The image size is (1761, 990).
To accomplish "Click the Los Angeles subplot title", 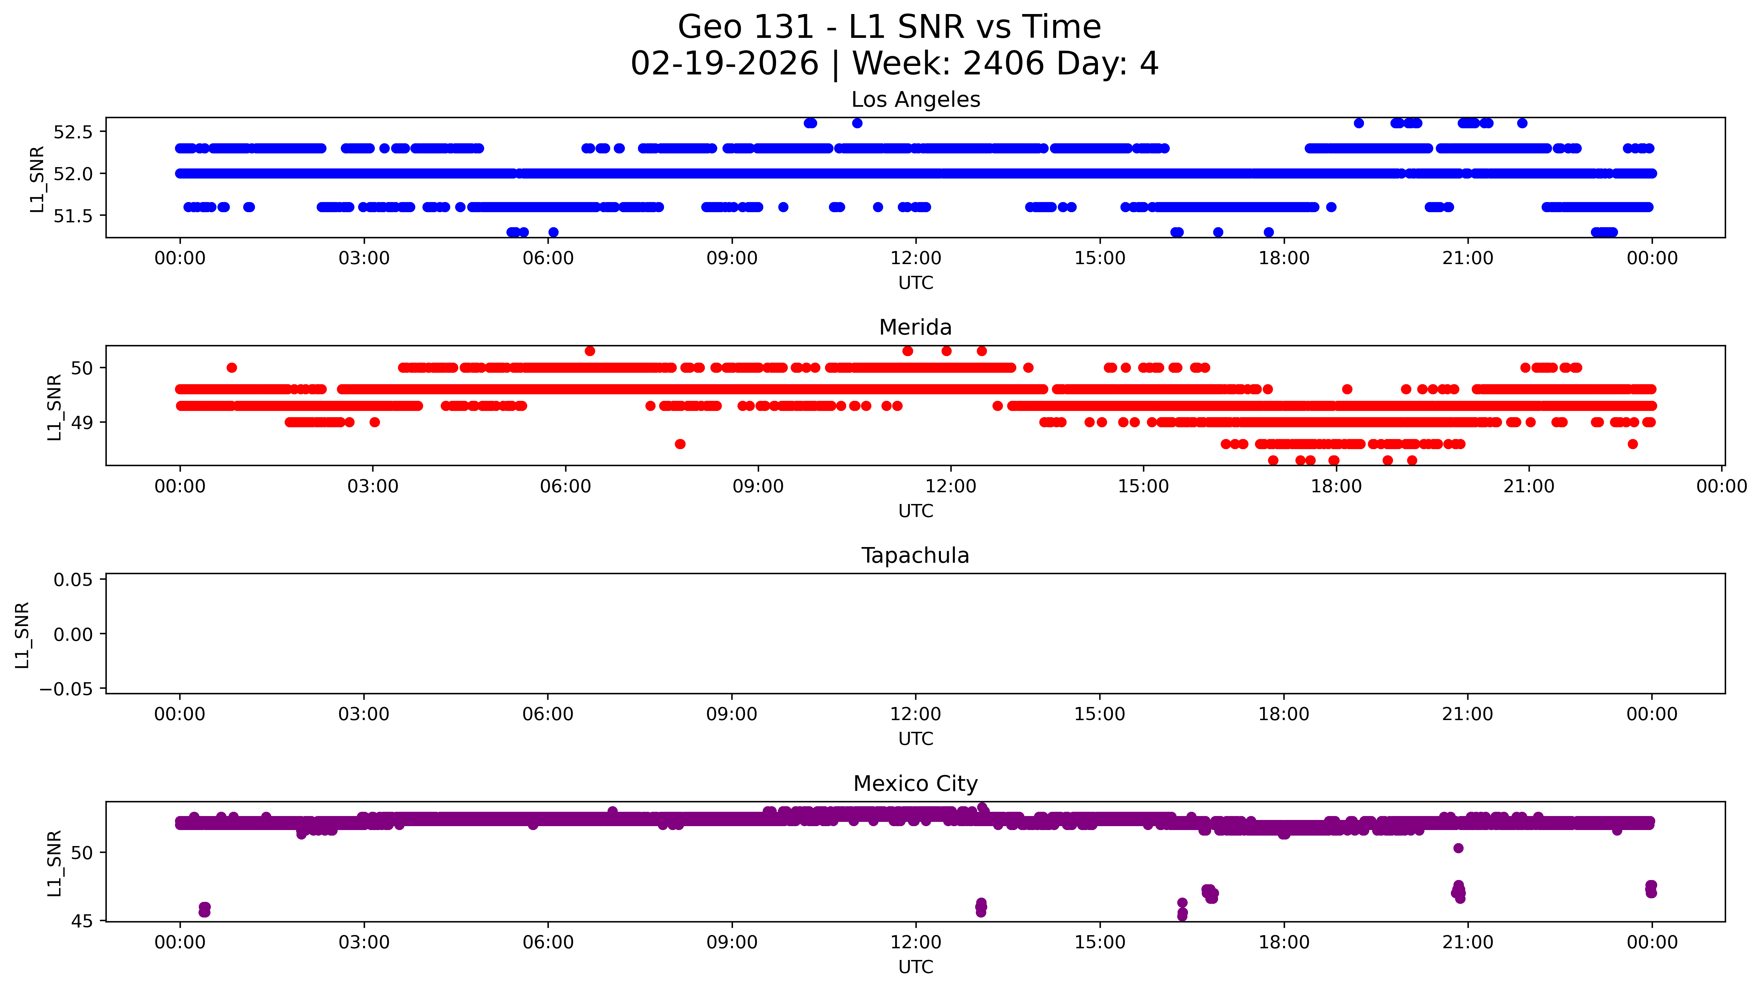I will [915, 100].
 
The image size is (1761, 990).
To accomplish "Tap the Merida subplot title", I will [915, 327].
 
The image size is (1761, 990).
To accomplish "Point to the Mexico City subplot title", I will [915, 783].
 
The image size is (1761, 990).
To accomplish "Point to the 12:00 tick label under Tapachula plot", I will [915, 715].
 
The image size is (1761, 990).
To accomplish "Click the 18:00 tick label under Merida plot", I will [1336, 487].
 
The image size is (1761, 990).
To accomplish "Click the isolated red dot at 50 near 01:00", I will [232, 368].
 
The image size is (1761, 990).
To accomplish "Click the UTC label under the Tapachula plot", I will [915, 739].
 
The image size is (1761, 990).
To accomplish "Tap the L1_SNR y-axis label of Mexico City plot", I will [55, 863].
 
